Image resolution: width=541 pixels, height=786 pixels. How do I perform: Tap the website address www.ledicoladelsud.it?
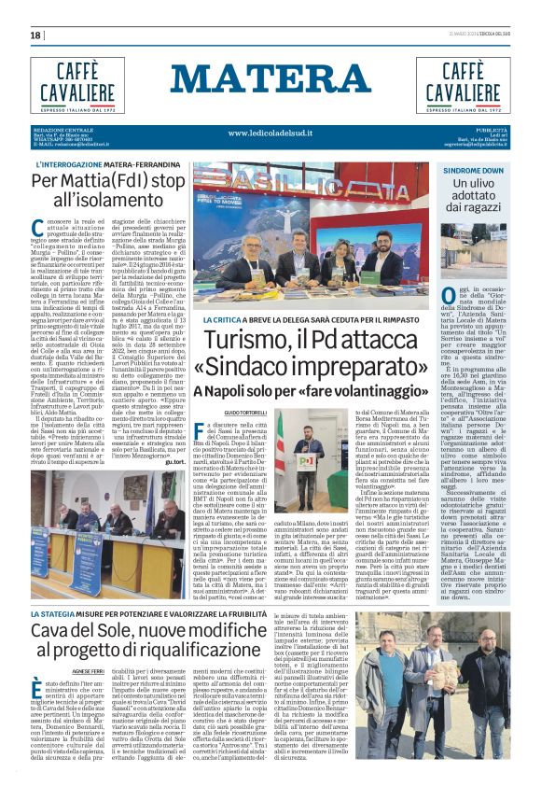[x=270, y=133]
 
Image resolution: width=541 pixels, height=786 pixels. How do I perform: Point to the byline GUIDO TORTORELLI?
[x=219, y=412]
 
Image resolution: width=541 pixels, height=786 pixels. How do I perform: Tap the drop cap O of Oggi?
[x=450, y=298]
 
